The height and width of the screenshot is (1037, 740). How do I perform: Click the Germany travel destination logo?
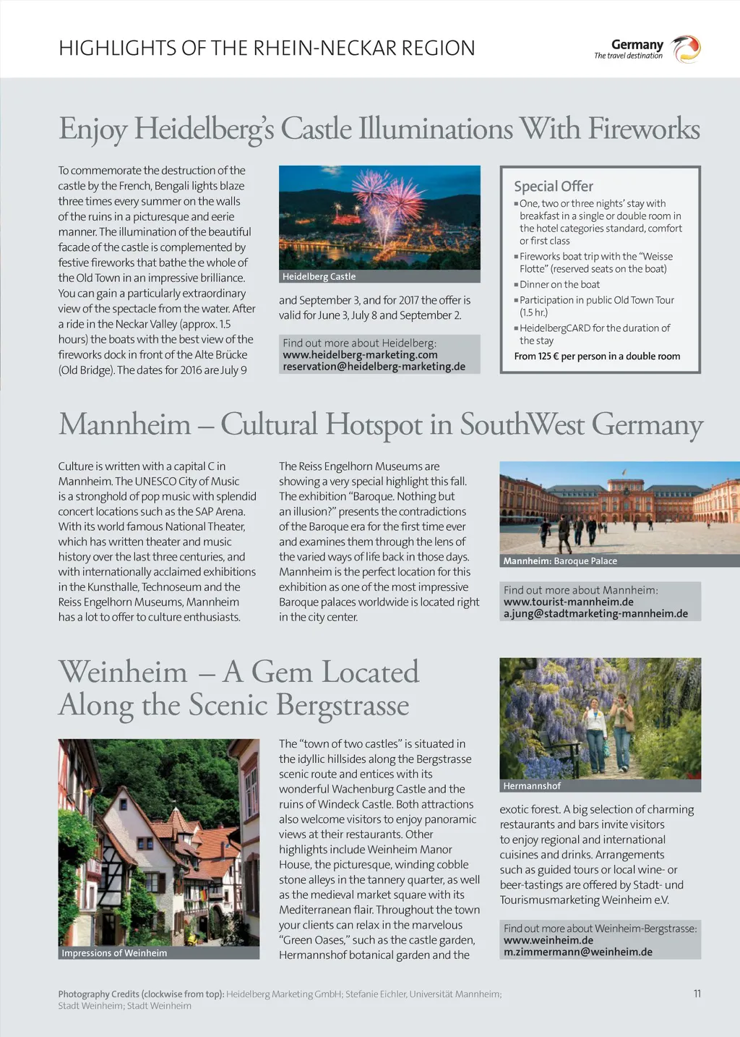pos(647,49)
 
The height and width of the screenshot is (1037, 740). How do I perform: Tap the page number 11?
pos(697,994)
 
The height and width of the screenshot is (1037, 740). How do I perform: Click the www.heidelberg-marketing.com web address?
pos(360,354)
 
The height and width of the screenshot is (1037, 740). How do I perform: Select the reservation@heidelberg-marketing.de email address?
pos(374,366)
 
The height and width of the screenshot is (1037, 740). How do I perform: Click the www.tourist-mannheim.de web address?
pos(568,602)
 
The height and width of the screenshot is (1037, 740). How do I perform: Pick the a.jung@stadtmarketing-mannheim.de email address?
pos(595,613)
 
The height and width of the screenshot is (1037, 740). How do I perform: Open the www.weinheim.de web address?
pos(548,940)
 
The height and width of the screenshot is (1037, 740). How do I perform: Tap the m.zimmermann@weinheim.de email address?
pos(577,952)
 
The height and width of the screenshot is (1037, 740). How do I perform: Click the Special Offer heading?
pos(553,186)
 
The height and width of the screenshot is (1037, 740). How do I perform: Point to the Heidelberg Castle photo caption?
pos(319,276)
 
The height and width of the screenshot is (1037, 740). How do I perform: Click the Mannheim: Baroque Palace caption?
pos(560,560)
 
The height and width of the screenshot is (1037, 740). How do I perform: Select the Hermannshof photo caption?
pos(531,785)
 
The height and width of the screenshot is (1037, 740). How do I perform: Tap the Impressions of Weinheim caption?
pos(114,953)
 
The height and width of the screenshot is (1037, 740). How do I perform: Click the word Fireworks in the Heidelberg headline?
pos(643,129)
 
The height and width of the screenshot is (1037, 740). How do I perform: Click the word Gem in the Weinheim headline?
pos(279,672)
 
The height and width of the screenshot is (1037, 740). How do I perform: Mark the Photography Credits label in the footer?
pos(141,994)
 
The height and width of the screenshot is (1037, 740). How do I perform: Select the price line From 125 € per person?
pos(597,356)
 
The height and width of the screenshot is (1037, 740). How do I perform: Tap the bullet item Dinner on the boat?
pos(559,284)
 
